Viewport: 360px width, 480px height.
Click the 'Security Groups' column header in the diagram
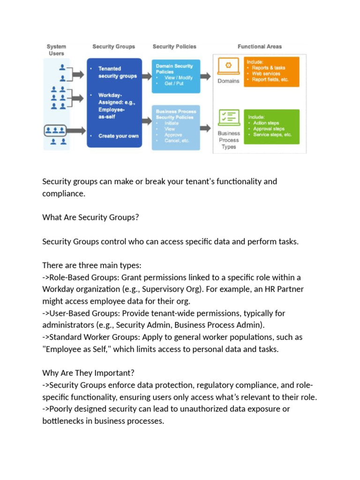[113, 46]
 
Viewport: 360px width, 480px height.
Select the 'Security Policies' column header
[174, 46]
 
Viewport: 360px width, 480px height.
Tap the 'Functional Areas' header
[260, 46]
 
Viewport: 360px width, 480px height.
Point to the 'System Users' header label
[56, 50]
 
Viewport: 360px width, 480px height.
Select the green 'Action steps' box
[271, 127]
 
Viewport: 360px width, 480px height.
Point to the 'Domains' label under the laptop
[229, 81]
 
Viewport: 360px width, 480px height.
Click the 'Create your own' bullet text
[119, 136]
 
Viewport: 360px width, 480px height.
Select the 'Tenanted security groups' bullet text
[118, 72]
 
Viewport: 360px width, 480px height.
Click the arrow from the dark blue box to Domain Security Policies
[146, 75]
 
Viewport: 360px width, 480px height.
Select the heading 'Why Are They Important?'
[88, 373]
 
